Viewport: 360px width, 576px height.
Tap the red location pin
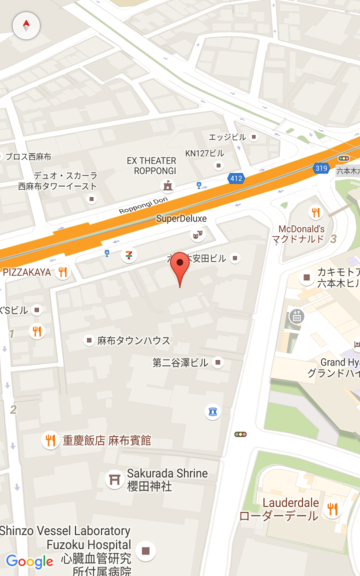tap(180, 268)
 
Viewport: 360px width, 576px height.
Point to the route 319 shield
tap(320, 168)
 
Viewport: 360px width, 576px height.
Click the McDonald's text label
tap(302, 234)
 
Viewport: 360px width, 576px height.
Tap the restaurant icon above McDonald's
tap(315, 212)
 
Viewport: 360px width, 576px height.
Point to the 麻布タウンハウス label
tap(133, 341)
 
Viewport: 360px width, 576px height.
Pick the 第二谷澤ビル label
tap(180, 362)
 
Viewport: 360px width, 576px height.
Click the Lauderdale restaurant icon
tap(332, 509)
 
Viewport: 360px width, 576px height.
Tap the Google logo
tap(29, 562)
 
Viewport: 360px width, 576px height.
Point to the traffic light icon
tap(240, 434)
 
